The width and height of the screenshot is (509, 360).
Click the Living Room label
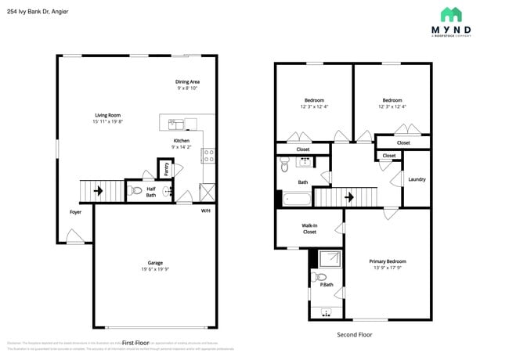pos(107,115)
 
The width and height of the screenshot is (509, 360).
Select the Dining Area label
pos(187,81)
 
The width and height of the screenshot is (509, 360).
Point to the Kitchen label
pos(182,141)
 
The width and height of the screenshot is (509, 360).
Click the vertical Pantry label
pos(166,169)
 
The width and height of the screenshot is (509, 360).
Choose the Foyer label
pos(75,211)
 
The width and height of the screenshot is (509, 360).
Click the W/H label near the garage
pos(205,211)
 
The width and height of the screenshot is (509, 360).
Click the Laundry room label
pos(417,179)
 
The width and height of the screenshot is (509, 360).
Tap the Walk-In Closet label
pos(309,229)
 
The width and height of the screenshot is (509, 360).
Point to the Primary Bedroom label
pos(388,261)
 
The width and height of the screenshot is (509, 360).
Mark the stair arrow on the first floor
pos(98,190)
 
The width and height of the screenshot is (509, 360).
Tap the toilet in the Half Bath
pos(135,190)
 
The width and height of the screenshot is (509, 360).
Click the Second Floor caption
pos(354,334)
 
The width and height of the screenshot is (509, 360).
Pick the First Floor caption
pos(135,343)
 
